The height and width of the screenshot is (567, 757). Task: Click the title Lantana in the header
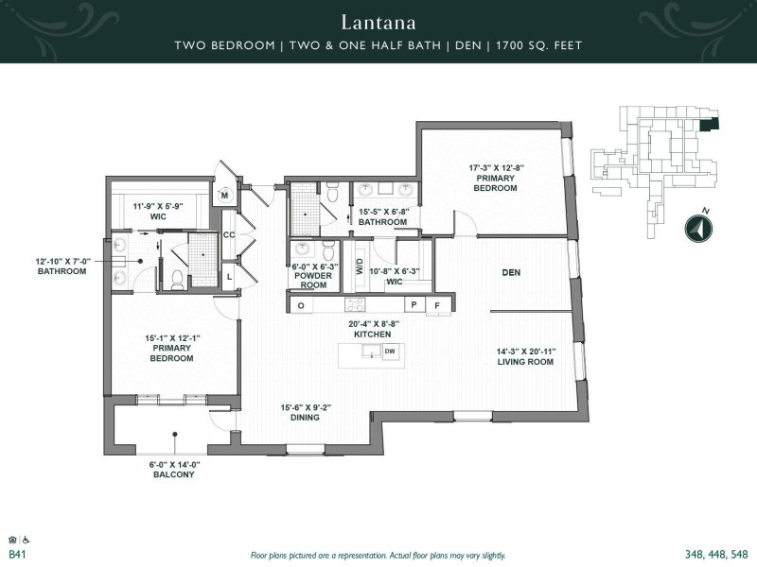coord(378,20)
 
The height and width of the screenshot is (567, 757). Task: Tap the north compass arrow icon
coord(696,229)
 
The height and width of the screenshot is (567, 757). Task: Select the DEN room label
coord(512,273)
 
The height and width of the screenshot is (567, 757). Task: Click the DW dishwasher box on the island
coord(389,352)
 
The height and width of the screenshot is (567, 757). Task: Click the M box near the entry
coord(226,196)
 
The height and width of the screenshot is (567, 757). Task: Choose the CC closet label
coord(228,235)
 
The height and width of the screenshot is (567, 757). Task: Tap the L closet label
coord(229,275)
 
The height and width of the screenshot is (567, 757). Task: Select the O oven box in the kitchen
coord(301,305)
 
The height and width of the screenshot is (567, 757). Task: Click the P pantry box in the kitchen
coord(414,304)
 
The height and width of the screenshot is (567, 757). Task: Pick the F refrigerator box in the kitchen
coord(436,304)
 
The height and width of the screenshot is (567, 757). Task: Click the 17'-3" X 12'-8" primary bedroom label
coord(496,179)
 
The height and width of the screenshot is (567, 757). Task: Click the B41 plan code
coord(16,555)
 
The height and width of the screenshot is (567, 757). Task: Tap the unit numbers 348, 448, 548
coord(714,555)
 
